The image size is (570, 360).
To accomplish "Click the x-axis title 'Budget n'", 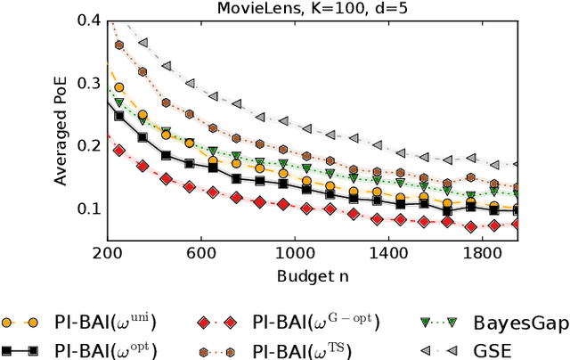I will pos(312,275).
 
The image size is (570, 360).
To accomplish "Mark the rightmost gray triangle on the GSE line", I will pos(514,165).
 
